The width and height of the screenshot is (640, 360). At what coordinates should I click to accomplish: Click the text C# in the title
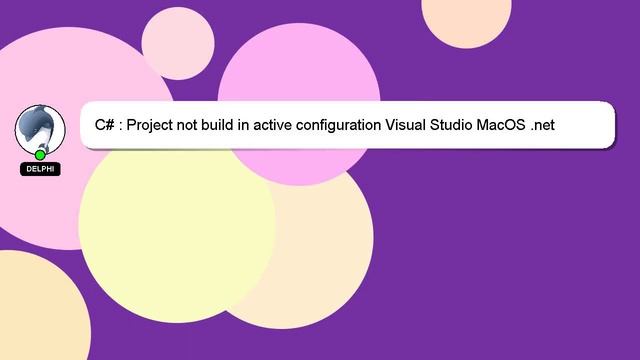104,125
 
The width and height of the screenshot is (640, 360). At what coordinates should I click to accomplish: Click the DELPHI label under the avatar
40,170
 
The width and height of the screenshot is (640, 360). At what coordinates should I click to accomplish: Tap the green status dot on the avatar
40,155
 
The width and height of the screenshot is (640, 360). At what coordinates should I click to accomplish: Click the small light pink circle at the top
178,42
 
